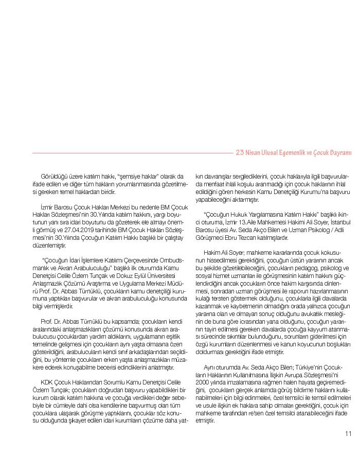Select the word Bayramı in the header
click(x=340, y=152)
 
